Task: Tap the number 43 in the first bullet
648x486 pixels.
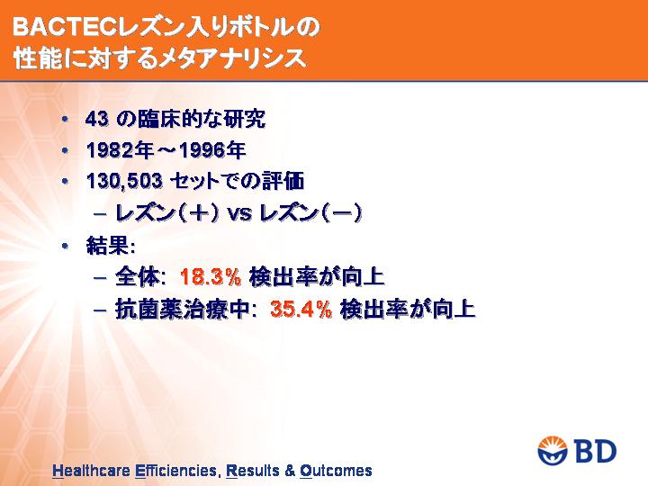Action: [x=97, y=120]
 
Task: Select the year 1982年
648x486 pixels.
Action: [x=121, y=150]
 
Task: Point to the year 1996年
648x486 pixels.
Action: [x=212, y=150]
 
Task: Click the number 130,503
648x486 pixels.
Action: [x=124, y=182]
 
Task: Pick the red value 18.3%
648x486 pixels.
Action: [x=211, y=276]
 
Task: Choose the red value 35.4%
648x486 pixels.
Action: [x=301, y=309]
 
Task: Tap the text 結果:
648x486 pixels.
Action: [x=111, y=246]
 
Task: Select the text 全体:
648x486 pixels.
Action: [x=140, y=276]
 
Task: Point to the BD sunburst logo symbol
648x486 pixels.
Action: [x=553, y=451]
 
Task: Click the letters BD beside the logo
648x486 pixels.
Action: [x=595, y=451]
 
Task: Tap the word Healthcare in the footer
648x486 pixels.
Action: [x=91, y=471]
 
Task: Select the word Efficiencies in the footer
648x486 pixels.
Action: [x=176, y=471]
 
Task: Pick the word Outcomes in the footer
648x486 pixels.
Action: [x=336, y=471]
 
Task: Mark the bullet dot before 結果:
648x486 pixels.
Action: [x=65, y=247]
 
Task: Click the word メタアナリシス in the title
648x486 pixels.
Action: [x=233, y=58]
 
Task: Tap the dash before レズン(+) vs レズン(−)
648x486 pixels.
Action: [x=100, y=213]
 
